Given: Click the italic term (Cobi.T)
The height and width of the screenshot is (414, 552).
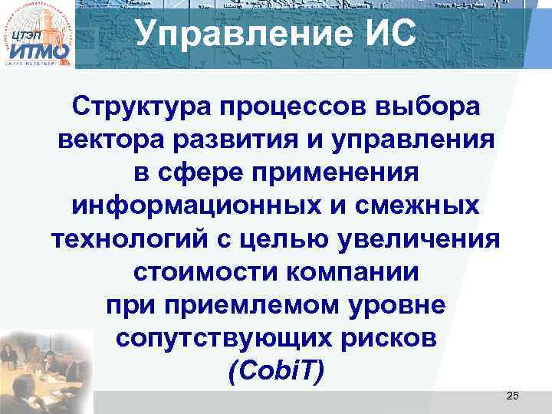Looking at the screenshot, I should pos(277,372).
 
